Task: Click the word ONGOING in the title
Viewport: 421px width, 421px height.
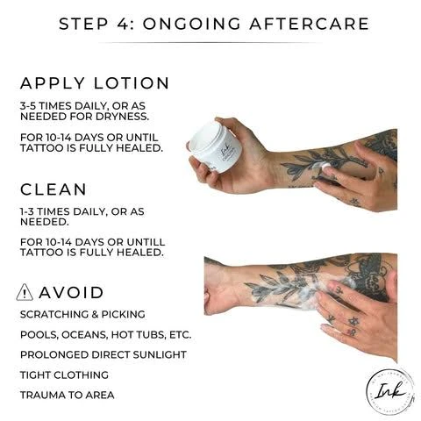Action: (x=191, y=24)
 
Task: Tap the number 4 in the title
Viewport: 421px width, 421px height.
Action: (x=124, y=24)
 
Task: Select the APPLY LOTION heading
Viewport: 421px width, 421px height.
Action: (x=95, y=83)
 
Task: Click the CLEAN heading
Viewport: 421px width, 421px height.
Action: (x=54, y=189)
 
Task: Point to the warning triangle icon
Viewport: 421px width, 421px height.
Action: (x=25, y=292)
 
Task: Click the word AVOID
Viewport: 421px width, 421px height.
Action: (x=71, y=293)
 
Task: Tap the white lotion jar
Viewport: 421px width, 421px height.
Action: (x=216, y=147)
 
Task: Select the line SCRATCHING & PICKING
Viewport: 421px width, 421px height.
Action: (x=82, y=314)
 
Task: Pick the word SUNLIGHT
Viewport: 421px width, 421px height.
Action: (x=160, y=354)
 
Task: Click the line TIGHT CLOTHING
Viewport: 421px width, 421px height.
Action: (x=64, y=375)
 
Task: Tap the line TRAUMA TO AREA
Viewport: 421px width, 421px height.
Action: (x=68, y=395)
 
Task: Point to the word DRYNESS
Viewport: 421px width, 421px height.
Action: (x=122, y=117)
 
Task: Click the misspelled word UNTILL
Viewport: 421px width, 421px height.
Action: (x=146, y=242)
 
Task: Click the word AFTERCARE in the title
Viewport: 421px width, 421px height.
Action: (x=310, y=24)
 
